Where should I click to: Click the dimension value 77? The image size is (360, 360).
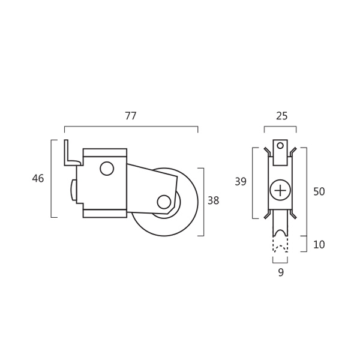pos(131,116)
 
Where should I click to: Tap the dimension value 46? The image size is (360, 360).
pos(38,178)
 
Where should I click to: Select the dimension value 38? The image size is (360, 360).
pos(213,200)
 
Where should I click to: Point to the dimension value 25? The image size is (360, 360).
pos(281,116)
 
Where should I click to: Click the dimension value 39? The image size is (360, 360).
pos(241,182)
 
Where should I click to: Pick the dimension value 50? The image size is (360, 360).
pos(319,191)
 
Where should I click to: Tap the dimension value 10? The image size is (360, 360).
pos(319,245)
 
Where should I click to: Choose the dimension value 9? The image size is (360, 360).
pos(281,272)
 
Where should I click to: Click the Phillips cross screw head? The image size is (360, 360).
pos(280,190)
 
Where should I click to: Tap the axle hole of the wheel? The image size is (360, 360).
pos(164,202)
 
